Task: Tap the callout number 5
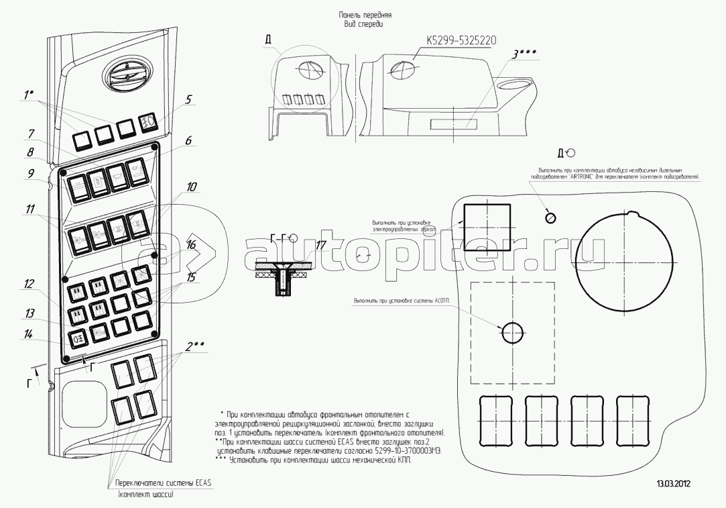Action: [189, 99]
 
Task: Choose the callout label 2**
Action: [195, 346]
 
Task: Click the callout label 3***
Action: [525, 54]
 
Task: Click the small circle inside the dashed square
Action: [512, 332]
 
